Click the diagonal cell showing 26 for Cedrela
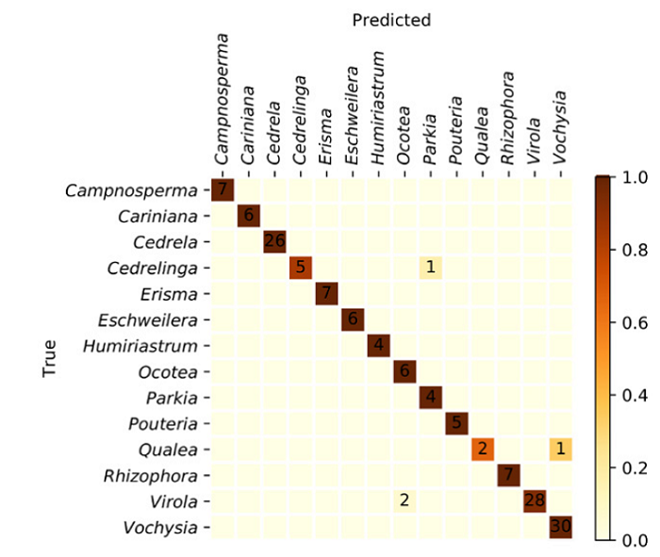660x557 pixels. point(274,241)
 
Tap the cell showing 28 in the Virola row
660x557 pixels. point(535,500)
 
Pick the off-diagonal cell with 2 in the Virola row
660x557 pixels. point(404,500)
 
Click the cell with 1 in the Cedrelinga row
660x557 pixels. point(430,267)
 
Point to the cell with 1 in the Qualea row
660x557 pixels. point(561,449)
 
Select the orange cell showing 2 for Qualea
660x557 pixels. point(483,449)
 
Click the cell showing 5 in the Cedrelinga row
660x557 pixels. point(300,267)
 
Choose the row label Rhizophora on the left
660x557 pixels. point(154,475)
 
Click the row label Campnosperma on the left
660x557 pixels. point(132,189)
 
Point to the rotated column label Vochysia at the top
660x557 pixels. point(561,128)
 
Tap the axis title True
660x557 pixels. point(51,358)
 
